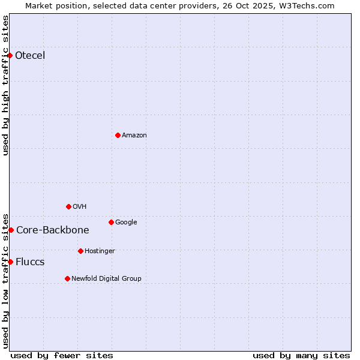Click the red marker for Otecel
[x=10, y=55]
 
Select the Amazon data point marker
[x=118, y=135]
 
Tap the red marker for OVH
[x=68, y=206]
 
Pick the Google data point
[x=111, y=222]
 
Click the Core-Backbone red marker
[x=11, y=230]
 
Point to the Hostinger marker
[x=80, y=251]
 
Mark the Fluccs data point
[x=10, y=262]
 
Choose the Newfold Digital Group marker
[x=67, y=278]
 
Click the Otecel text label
[x=30, y=56]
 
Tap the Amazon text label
[x=134, y=136]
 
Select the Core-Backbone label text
[x=53, y=230]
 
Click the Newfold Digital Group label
[x=106, y=278]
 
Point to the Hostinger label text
[x=100, y=251]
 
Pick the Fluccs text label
[x=30, y=262]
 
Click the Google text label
[x=126, y=222]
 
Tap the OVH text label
[x=80, y=206]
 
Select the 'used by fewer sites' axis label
[x=62, y=355]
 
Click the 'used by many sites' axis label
[x=301, y=355]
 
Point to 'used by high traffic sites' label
[x=5, y=85]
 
